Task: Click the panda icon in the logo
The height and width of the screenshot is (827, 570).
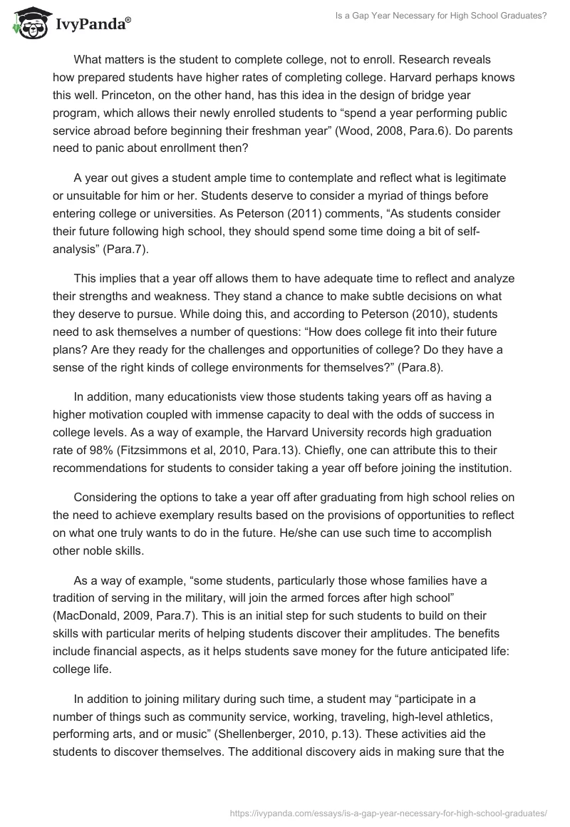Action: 26,24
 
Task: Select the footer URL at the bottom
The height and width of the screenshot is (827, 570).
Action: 389,812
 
